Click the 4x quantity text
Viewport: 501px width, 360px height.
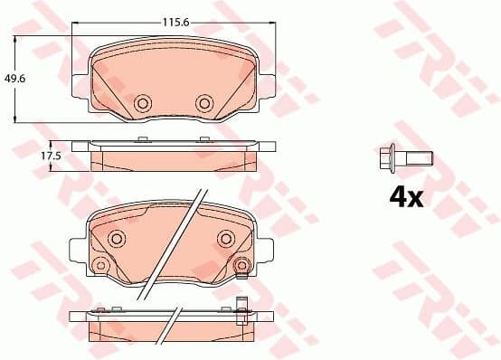pyautogui.click(x=406, y=197)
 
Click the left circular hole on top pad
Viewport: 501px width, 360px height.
pyautogui.click(x=142, y=104)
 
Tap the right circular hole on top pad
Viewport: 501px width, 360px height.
pyautogui.click(x=204, y=104)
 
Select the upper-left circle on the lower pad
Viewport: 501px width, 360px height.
pyautogui.click(x=116, y=238)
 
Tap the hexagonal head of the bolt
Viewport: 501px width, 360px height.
pyautogui.click(x=386, y=161)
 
